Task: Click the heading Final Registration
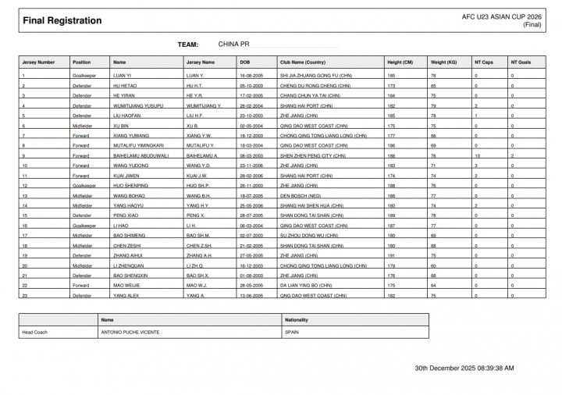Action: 62,21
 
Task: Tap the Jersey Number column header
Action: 39,62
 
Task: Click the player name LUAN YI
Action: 122,75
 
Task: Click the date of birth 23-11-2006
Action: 253,165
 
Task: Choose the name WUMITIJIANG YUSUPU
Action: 138,105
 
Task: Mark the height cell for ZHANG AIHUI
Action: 391,255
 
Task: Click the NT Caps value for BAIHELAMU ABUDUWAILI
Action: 477,155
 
